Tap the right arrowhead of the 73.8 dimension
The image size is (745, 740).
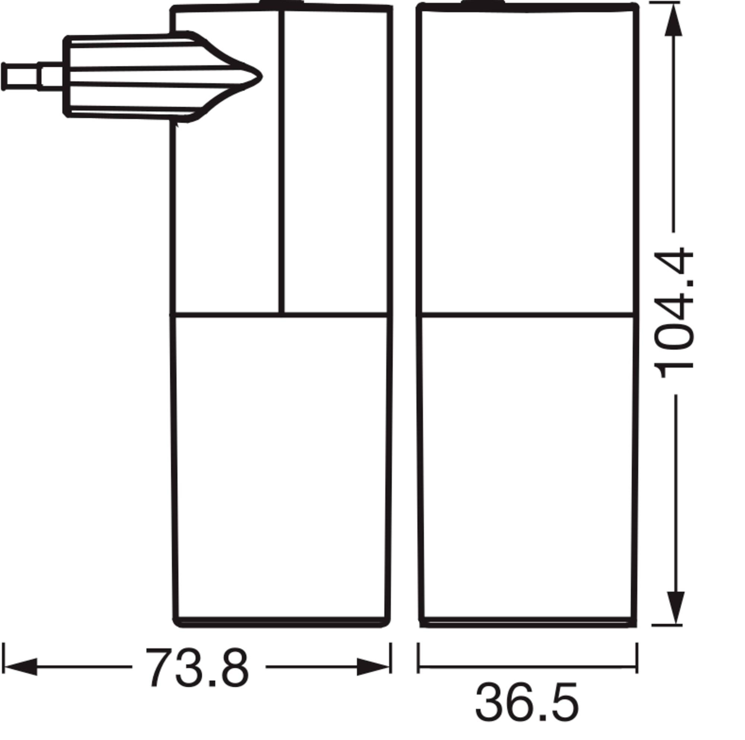coord(372,667)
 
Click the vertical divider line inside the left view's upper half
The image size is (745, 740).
coord(282,162)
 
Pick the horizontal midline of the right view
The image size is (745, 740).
coord(527,315)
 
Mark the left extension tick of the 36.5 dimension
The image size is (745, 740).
coord(418,658)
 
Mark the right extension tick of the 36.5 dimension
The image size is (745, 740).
coord(637,658)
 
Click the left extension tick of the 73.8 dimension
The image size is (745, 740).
coord(3,658)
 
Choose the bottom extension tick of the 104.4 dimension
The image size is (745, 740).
coord(667,625)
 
